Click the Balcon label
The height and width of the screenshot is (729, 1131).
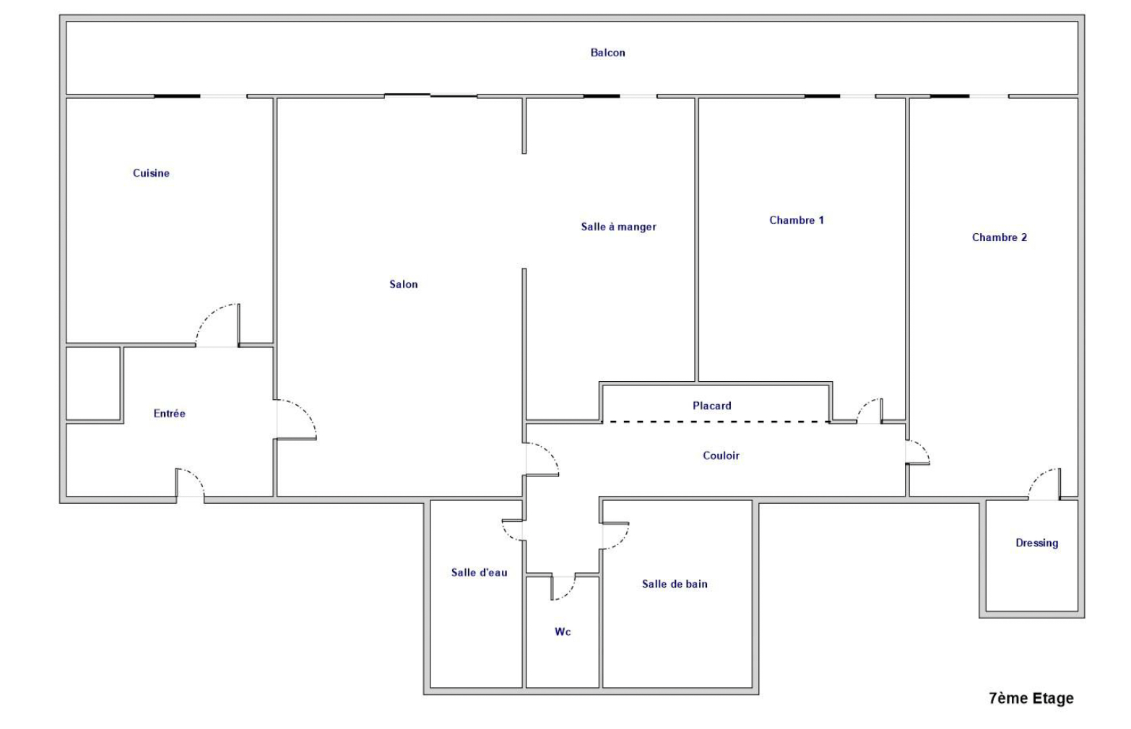click(608, 53)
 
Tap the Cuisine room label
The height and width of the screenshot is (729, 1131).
click(151, 173)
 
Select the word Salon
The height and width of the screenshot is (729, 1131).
click(404, 284)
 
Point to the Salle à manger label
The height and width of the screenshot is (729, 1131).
click(618, 227)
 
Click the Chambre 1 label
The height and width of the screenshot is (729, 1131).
click(796, 220)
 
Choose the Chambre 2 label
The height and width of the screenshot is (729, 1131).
click(1000, 237)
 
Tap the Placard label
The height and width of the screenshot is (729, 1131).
click(712, 406)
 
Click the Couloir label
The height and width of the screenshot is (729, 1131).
click(721, 455)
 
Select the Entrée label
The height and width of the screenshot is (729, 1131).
click(169, 414)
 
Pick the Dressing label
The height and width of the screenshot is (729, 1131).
click(1036, 543)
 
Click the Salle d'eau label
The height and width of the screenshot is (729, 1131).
click(479, 572)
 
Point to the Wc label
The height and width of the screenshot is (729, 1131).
click(563, 632)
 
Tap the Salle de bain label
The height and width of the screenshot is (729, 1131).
click(675, 584)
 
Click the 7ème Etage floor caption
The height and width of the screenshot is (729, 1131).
click(1031, 699)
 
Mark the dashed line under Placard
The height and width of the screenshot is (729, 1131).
click(716, 422)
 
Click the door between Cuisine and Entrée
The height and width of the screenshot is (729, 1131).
click(217, 326)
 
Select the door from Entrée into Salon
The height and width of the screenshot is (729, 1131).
click(296, 420)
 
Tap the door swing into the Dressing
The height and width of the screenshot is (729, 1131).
click(1044, 484)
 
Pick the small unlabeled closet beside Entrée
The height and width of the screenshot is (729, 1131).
click(93, 383)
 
